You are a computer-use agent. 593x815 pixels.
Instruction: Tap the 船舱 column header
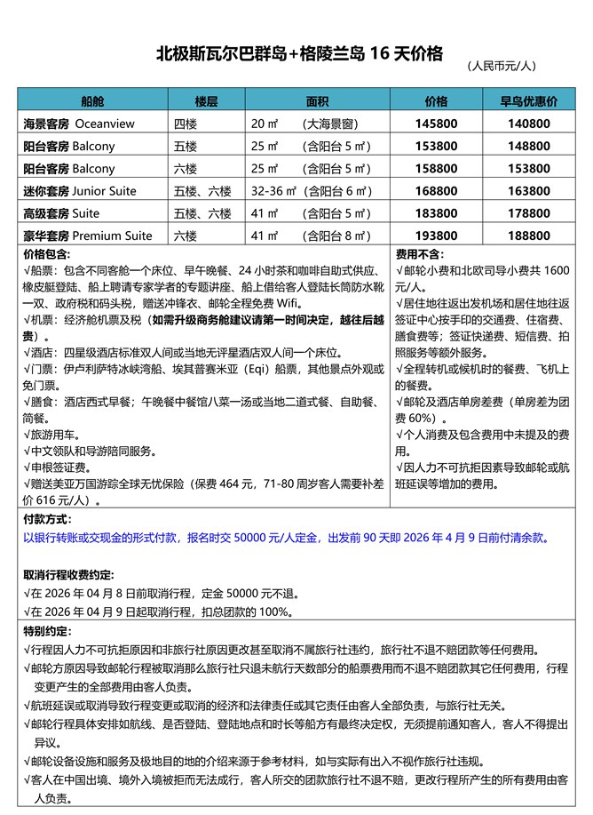click(92, 100)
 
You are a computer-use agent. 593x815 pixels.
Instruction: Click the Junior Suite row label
click(80, 190)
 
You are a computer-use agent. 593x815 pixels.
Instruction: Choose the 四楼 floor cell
click(186, 124)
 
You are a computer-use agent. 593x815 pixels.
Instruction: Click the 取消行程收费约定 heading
click(67, 574)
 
